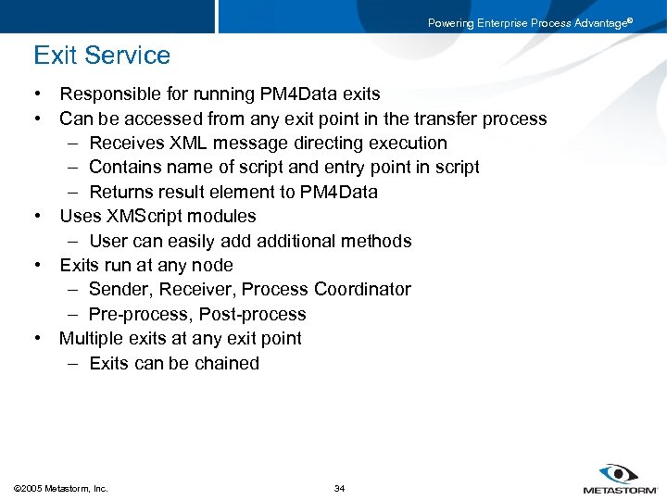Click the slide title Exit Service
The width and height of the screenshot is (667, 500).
102,56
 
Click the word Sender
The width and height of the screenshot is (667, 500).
120,289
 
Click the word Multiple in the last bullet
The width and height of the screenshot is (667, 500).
92,338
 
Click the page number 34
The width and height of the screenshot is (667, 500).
339,488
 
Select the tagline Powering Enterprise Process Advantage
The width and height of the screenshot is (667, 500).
529,23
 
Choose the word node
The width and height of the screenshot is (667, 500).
212,265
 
